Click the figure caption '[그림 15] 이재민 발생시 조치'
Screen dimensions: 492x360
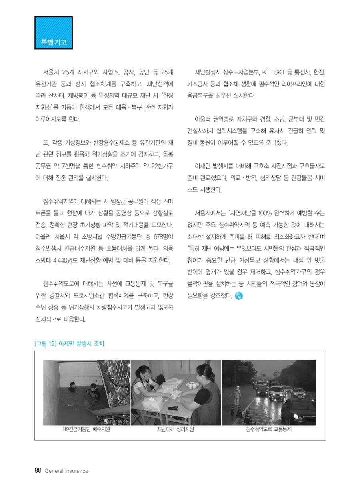click(70, 343)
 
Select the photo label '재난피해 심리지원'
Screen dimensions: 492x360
click(176, 430)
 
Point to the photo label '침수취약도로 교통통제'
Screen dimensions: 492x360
click(268, 430)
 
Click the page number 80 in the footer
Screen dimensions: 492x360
click(38, 471)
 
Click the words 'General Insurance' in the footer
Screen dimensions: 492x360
click(66, 471)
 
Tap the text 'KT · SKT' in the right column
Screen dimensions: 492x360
click(274, 72)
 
